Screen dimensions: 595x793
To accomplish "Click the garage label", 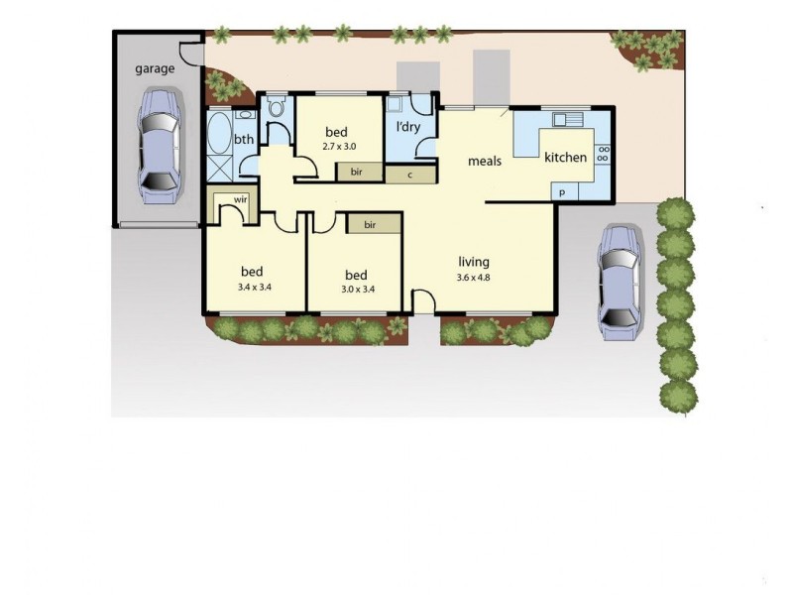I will (155, 69).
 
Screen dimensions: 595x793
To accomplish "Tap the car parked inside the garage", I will (159, 145).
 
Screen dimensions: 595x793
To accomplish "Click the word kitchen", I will (565, 157).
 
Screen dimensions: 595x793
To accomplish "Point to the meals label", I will (485, 161).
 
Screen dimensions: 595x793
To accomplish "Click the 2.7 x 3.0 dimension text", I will (339, 146).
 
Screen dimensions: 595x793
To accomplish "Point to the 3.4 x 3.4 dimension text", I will (255, 289).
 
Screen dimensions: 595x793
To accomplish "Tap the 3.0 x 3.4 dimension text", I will (356, 290).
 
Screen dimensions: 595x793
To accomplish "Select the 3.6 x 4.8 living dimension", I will (474, 277).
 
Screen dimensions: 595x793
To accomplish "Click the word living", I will (474, 261).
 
